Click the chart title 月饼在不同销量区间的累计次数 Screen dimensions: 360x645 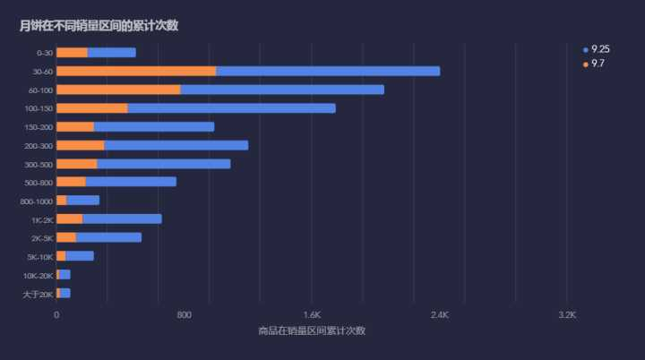click(x=99, y=25)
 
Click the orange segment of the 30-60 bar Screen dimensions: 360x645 click(x=135, y=71)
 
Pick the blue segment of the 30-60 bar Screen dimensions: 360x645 click(x=328, y=71)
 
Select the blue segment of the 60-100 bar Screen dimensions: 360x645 click(x=282, y=90)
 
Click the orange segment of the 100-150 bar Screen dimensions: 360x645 click(x=91, y=108)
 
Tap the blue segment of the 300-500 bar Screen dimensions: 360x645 click(x=164, y=164)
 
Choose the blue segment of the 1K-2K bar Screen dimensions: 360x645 click(x=122, y=219)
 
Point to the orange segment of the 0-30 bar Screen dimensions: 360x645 click(x=72, y=53)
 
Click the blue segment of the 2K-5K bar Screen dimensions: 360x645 click(x=108, y=237)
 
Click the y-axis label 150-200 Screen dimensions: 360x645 click(x=39, y=127)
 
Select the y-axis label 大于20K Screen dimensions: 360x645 click(x=39, y=294)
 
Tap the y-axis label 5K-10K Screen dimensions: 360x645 click(x=40, y=257)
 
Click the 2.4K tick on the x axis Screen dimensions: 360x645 click(x=439, y=315)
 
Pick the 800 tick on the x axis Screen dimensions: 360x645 click(x=184, y=315)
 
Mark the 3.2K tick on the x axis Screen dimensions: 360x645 click(x=566, y=315)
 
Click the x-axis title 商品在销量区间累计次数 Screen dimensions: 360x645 click(x=311, y=331)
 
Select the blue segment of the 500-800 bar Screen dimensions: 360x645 click(x=131, y=182)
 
